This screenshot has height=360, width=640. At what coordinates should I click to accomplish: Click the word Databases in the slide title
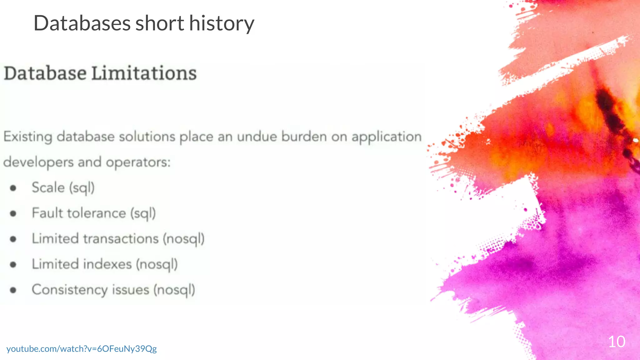coord(82,23)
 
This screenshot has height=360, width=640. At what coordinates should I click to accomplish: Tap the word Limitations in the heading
coord(144,73)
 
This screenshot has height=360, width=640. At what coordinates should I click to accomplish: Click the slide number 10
coord(617,342)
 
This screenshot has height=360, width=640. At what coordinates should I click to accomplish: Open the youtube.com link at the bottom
coord(82,349)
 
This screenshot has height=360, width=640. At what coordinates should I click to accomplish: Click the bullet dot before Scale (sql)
coord(13,188)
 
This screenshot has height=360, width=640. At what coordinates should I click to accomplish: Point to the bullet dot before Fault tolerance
coord(13,213)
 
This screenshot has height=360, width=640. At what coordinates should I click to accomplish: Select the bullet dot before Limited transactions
coord(13,239)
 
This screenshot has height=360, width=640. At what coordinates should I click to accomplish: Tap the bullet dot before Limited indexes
coord(13,265)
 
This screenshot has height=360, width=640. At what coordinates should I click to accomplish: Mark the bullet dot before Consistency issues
coord(13,290)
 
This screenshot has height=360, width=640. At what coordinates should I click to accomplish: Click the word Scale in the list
coord(48,187)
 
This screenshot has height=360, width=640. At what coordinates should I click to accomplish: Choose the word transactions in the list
coord(121,239)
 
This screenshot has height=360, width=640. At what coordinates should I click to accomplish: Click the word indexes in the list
coord(107,264)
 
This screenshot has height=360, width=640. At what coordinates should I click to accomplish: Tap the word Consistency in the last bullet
coord(69,290)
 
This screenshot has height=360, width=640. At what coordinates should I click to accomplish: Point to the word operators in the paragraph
coord(138,162)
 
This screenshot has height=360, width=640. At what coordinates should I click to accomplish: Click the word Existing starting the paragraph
coord(28,137)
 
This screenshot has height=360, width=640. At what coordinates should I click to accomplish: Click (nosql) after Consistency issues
coord(174,290)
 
